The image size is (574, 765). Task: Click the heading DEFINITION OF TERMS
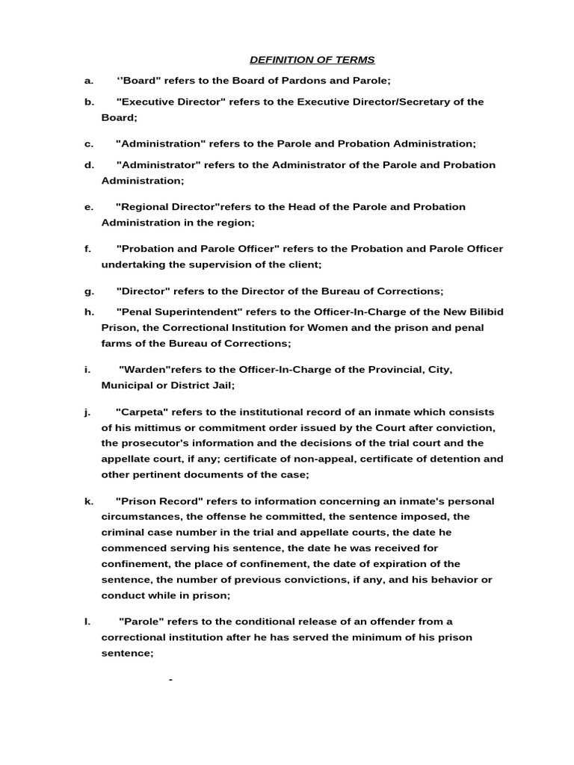tap(312, 60)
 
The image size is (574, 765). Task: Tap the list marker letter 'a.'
tap(89, 81)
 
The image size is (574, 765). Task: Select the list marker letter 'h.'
tap(89, 312)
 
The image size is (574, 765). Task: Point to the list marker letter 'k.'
tap(89, 501)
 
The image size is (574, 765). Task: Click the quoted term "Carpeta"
tap(143, 412)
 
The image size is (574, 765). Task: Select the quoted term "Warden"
tap(146, 370)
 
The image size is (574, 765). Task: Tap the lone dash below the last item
tap(171, 680)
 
